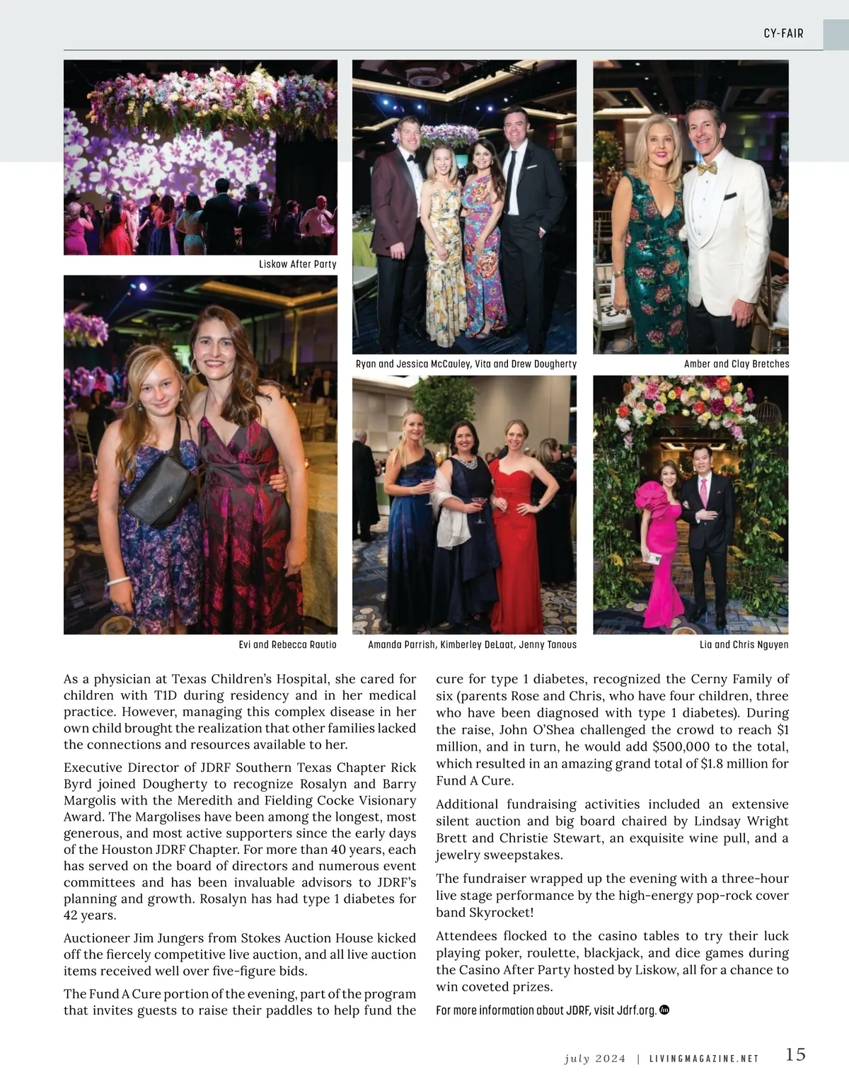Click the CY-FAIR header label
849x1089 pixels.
[783, 33]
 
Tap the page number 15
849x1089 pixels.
[795, 1054]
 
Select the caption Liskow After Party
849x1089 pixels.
[297, 264]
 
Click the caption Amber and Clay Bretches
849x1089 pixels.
[736, 364]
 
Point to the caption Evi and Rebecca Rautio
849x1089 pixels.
[287, 644]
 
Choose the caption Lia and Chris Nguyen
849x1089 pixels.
[744, 644]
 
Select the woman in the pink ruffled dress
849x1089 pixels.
[663, 538]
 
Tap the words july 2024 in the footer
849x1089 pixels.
[595, 1059]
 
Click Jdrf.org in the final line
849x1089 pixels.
[637, 1010]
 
